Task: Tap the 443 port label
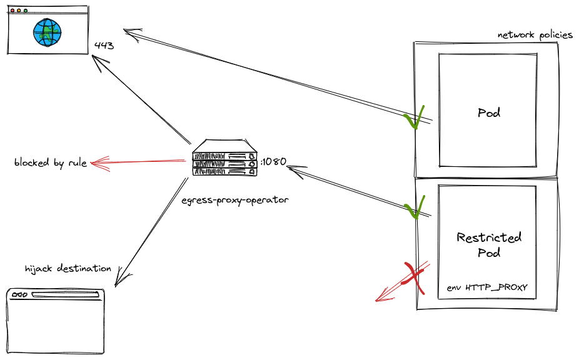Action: [x=104, y=46]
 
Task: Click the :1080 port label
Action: [x=273, y=161]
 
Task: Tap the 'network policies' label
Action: [x=535, y=35]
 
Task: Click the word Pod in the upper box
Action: [x=488, y=113]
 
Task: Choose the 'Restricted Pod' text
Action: [x=488, y=245]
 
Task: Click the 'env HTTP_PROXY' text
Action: [x=487, y=287]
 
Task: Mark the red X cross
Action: [x=413, y=277]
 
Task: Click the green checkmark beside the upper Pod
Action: [x=414, y=117]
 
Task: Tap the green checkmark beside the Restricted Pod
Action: [x=414, y=207]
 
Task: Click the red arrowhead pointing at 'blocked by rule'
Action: [x=96, y=164]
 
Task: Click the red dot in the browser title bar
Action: [x=13, y=11]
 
